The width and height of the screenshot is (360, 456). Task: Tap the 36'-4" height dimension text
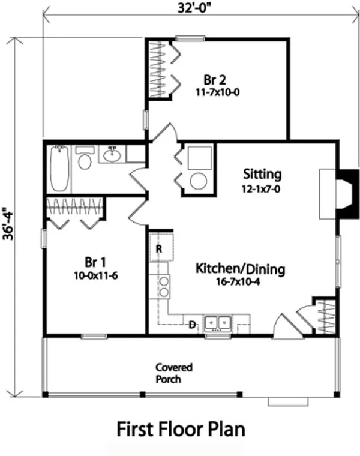point(7,224)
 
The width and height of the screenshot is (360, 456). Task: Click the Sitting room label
point(262,175)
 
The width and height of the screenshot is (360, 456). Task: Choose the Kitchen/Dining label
point(240,268)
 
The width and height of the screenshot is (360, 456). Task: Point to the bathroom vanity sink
point(112,156)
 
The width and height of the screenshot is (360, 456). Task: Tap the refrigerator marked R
point(161,247)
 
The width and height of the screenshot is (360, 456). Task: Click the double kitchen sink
point(218,324)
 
